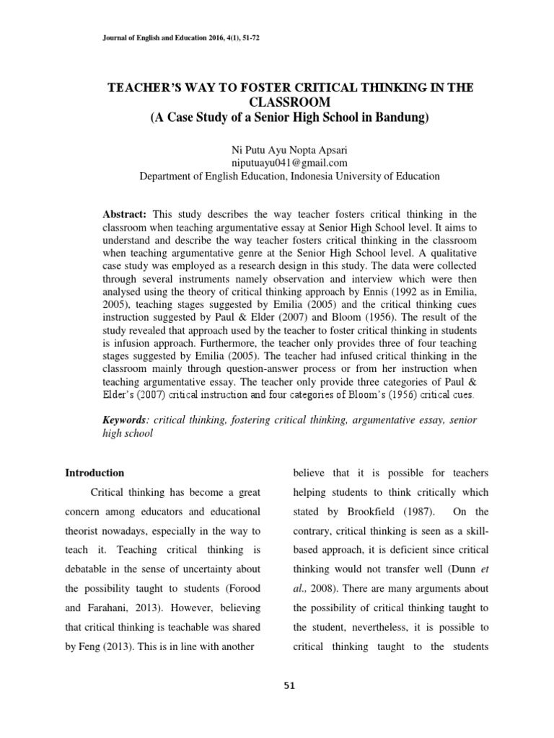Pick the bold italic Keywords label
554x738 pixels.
point(127,419)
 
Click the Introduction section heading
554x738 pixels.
point(94,473)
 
